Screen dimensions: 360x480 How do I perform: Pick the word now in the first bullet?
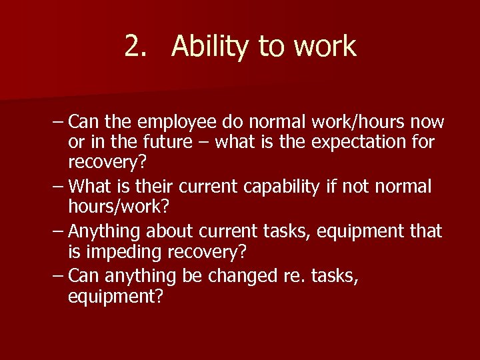point(427,122)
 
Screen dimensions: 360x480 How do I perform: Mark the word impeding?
point(124,251)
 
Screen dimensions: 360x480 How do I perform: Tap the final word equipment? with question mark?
point(115,296)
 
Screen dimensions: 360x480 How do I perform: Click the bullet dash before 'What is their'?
point(57,186)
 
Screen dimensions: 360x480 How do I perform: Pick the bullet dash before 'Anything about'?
point(57,231)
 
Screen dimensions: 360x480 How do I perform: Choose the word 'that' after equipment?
point(425,231)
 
